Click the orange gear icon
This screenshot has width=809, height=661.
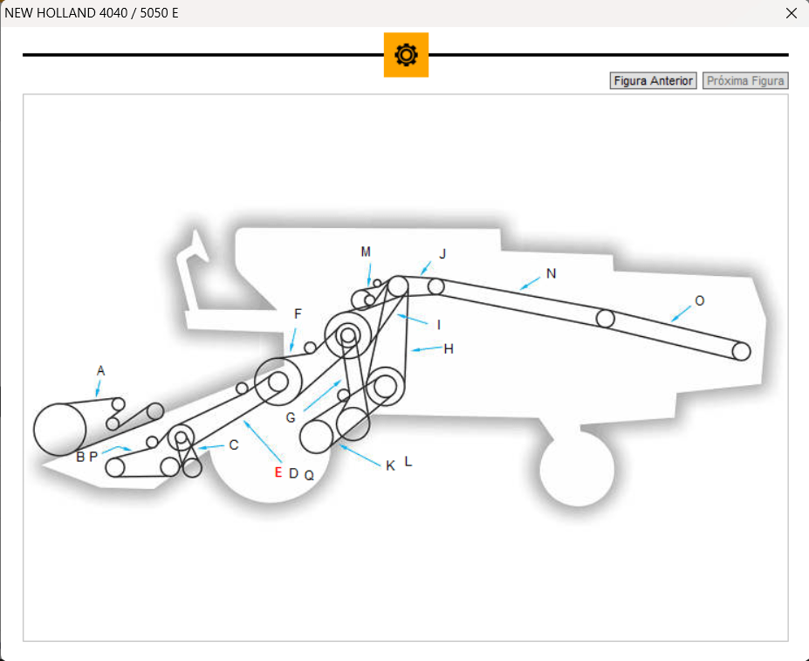(x=406, y=55)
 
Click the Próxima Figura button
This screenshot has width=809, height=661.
(x=745, y=81)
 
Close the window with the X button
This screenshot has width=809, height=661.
(x=792, y=13)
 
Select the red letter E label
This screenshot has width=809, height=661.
(x=278, y=472)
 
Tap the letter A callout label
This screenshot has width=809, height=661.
(x=100, y=371)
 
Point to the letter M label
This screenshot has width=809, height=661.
(x=366, y=251)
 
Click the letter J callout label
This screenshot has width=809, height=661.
(x=442, y=254)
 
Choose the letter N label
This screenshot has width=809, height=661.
(x=551, y=273)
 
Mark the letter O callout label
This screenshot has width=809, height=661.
(x=699, y=300)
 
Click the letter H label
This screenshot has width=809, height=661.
(x=449, y=348)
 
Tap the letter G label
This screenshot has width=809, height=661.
(x=291, y=417)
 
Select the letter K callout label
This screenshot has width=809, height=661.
(x=390, y=466)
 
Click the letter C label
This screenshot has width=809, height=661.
(x=233, y=444)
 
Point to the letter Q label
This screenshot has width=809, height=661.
(x=309, y=475)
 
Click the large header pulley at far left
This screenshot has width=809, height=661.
(x=59, y=429)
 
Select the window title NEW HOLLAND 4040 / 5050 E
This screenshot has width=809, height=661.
(x=92, y=13)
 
